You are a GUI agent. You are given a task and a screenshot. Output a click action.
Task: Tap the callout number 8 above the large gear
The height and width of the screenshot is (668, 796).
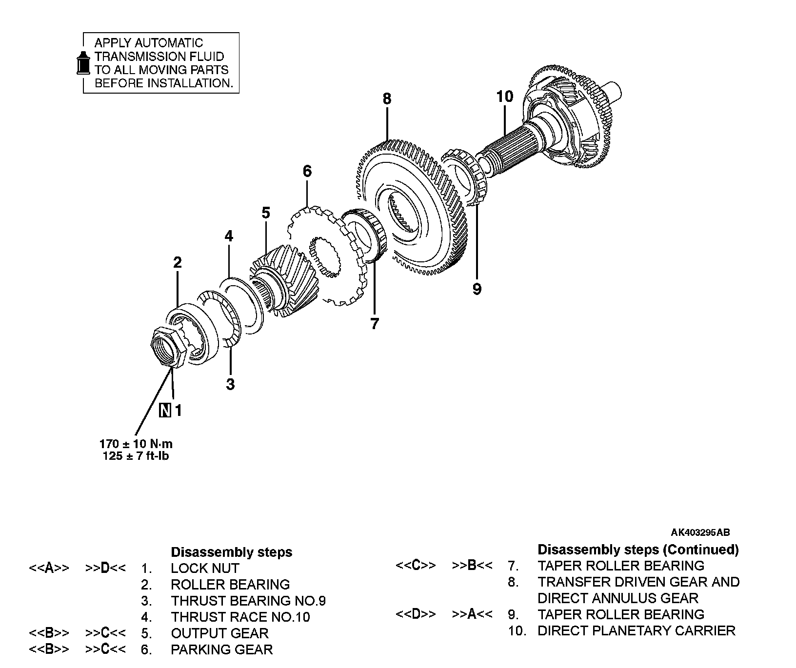click(387, 99)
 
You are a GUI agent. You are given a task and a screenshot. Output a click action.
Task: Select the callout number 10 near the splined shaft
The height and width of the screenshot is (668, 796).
click(505, 97)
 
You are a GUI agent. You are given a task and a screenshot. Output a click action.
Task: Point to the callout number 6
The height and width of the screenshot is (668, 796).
click(307, 171)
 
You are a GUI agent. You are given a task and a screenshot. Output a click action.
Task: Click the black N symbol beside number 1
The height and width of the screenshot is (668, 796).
click(165, 411)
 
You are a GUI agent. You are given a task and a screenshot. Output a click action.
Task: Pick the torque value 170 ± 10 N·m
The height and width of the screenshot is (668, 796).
click(136, 444)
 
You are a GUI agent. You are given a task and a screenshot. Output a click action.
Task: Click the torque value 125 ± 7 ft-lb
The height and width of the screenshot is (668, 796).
click(136, 456)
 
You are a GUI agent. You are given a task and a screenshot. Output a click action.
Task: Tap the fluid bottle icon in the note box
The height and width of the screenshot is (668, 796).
click(84, 62)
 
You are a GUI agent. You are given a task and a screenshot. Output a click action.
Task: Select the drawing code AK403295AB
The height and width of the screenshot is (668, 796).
click(700, 532)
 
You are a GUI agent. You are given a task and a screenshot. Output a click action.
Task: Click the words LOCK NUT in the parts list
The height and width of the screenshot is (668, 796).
click(205, 569)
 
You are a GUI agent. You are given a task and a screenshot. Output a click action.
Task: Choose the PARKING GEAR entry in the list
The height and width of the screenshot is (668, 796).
click(221, 649)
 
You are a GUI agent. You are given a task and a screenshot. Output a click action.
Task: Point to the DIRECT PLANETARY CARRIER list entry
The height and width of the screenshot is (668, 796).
click(636, 631)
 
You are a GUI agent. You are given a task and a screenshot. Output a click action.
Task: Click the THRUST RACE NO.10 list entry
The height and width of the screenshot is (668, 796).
click(240, 617)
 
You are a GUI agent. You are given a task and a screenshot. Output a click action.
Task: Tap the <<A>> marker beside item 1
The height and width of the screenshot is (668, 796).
click(49, 569)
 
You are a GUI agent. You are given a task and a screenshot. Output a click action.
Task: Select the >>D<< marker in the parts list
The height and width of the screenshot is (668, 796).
click(105, 569)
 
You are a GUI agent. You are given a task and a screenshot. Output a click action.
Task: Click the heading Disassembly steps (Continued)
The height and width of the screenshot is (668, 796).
click(638, 550)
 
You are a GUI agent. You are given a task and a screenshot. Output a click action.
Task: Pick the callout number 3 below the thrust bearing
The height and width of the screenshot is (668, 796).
click(230, 384)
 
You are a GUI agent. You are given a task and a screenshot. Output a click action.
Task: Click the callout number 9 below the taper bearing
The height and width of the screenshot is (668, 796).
click(477, 289)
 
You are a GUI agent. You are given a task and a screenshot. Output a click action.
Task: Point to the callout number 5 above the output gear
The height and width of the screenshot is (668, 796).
click(266, 213)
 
